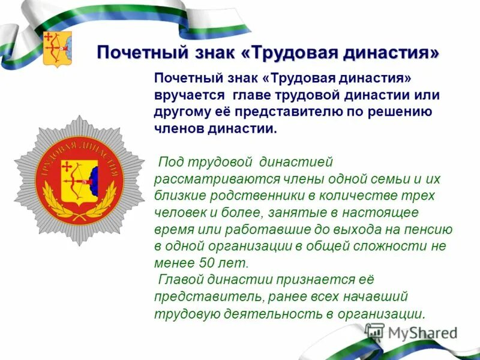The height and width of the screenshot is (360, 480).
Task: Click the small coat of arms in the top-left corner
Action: [58, 49]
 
